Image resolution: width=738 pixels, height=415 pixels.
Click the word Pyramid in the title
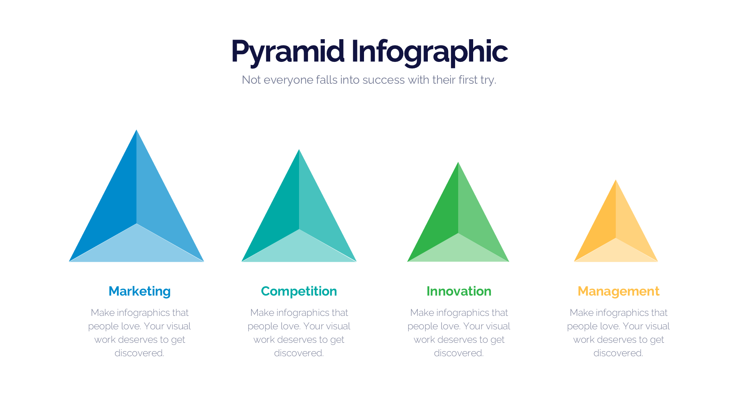(x=288, y=51)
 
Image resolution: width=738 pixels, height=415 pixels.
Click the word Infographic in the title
(x=429, y=51)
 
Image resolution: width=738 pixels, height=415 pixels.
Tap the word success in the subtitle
(x=383, y=80)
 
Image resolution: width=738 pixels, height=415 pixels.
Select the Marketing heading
(x=140, y=291)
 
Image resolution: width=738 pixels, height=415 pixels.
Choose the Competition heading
(x=299, y=291)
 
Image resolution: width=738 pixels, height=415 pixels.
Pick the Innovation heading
(x=459, y=291)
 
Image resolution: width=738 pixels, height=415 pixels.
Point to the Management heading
(x=618, y=291)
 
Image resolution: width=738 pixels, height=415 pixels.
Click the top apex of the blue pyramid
(x=136, y=131)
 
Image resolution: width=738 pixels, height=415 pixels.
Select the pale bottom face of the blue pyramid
(x=136, y=248)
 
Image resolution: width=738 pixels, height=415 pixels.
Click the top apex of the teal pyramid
(x=299, y=151)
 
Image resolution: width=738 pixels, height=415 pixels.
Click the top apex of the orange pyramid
(x=616, y=181)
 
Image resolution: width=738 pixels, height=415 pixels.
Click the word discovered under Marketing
(x=139, y=353)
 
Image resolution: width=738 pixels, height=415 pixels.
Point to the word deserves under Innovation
(x=446, y=340)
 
